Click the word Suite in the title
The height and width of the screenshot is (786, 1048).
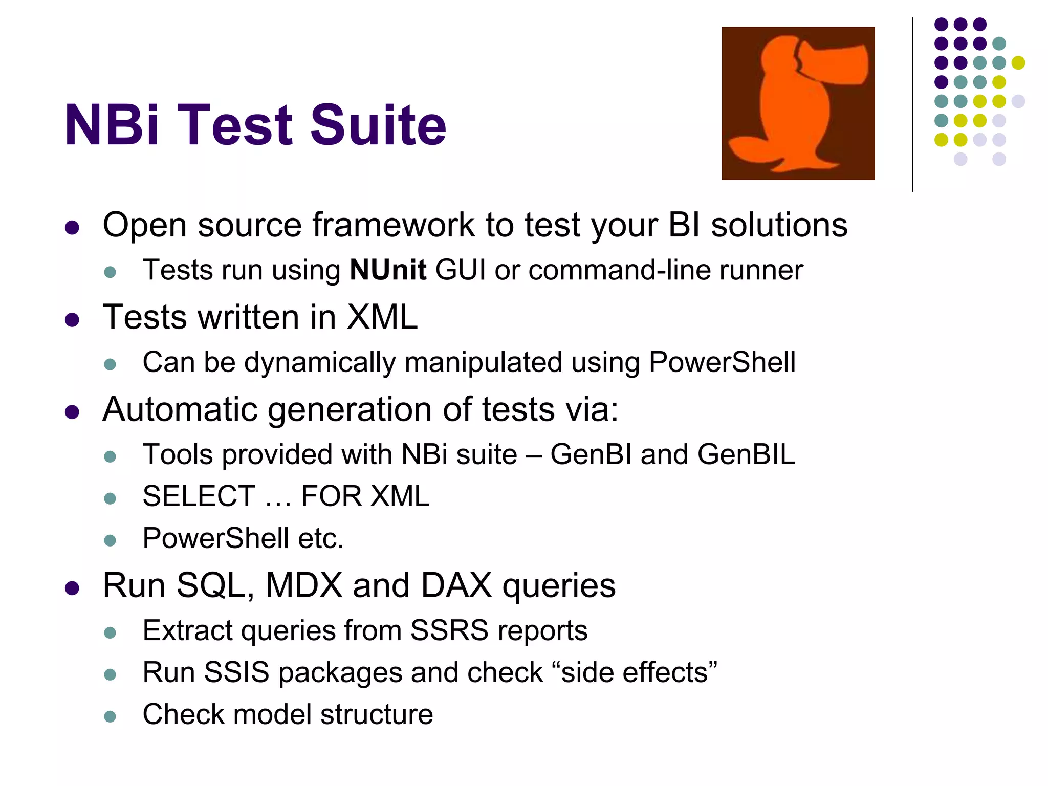(x=378, y=124)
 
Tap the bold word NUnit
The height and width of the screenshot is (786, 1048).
(x=388, y=270)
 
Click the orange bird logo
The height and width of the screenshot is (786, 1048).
(x=798, y=103)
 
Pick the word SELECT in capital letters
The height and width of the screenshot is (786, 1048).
(x=199, y=496)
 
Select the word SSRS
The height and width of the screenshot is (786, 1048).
(x=449, y=630)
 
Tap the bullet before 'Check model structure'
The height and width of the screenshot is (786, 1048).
(x=110, y=715)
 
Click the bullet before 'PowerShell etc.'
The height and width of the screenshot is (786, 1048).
(x=110, y=540)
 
